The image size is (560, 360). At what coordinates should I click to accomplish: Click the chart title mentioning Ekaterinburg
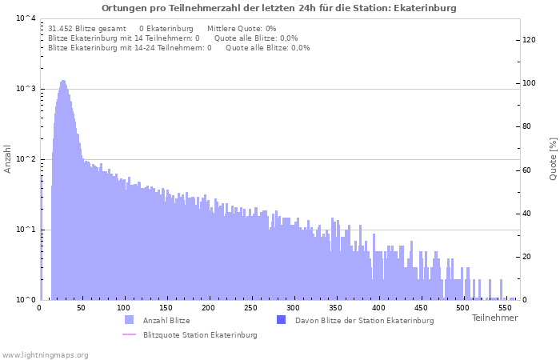click(279, 8)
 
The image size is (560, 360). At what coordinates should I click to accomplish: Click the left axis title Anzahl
click(8, 158)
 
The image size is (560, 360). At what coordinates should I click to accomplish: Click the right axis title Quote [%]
click(553, 158)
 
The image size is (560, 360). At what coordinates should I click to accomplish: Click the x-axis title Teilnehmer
click(494, 318)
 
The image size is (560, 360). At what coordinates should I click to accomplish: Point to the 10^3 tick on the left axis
click(26, 89)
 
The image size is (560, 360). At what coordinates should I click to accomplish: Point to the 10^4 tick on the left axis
click(26, 18)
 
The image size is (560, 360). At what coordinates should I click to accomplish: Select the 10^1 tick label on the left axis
click(26, 230)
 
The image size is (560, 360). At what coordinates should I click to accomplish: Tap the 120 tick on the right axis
click(529, 40)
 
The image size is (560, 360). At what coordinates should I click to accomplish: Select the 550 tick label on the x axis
click(506, 307)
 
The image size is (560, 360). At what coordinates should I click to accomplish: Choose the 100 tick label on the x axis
click(123, 307)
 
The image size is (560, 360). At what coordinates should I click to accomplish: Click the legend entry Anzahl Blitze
click(166, 320)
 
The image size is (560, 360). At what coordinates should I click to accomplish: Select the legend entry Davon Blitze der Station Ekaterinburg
click(364, 320)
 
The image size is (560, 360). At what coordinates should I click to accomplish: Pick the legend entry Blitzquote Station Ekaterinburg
click(200, 334)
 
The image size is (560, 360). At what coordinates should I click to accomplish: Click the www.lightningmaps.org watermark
click(45, 354)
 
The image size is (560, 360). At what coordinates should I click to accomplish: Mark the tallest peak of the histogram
click(63, 81)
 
